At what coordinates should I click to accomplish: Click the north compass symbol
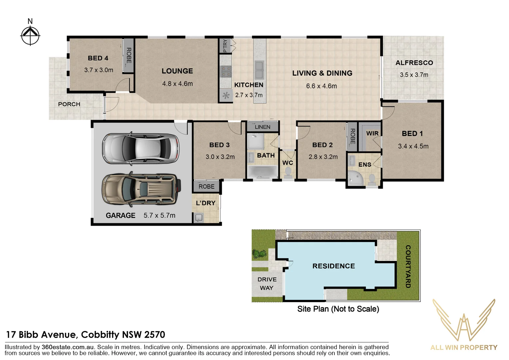coord(30,35)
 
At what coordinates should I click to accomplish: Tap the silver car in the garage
coord(141,148)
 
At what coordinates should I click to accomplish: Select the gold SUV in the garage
coord(141,189)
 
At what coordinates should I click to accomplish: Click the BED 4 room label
coord(98,58)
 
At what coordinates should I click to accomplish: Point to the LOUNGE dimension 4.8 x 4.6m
coord(177,84)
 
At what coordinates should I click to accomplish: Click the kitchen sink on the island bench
coord(259,69)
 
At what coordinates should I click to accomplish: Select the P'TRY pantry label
coord(225,46)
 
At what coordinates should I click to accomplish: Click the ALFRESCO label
coord(414,63)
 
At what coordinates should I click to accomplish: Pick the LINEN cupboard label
coord(262,127)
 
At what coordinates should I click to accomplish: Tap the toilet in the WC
coord(288,173)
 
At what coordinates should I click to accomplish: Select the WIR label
coord(372,133)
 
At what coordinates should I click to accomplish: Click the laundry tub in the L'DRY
coord(199,218)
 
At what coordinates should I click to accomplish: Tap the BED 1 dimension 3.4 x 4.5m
coord(413,146)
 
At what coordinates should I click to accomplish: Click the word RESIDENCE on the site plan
coord(333,266)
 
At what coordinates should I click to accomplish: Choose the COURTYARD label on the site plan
coord(408,266)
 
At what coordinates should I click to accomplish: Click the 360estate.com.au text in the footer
coord(68,347)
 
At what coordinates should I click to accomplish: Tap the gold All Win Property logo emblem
coord(464,320)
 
